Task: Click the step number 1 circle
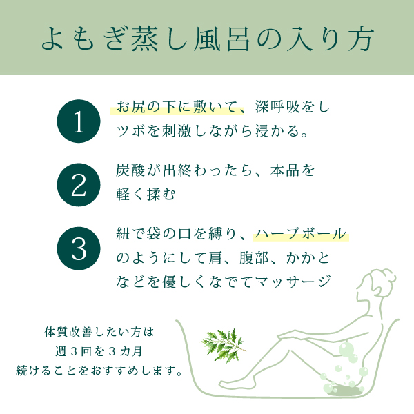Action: (x=79, y=121)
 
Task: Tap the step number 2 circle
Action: (x=79, y=185)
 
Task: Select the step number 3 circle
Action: (x=79, y=248)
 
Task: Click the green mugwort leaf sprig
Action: (x=224, y=344)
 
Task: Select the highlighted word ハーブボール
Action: (x=300, y=234)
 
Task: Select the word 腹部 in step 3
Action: (x=254, y=257)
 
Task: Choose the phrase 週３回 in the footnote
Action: (x=72, y=351)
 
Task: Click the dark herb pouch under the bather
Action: (x=342, y=389)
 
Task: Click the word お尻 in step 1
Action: (x=131, y=107)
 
